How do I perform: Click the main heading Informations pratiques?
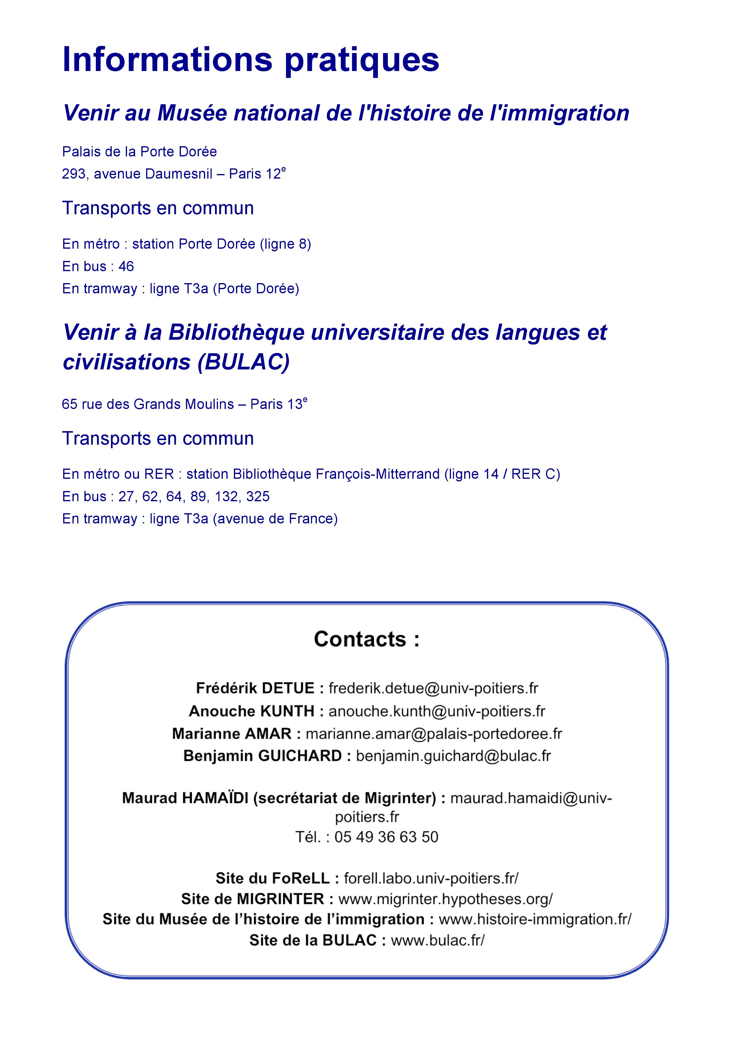[x=251, y=60]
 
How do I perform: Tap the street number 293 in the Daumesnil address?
[x=74, y=174]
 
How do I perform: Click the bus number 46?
[x=126, y=266]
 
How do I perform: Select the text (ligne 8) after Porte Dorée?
[x=285, y=244]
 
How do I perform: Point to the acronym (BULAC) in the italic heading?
[x=243, y=362]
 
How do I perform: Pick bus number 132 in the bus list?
[x=227, y=497]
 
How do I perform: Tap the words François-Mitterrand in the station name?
[x=377, y=474]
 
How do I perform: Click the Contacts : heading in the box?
[x=367, y=639]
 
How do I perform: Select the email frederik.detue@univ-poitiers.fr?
[x=433, y=688]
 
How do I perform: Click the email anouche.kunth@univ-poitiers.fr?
[x=437, y=711]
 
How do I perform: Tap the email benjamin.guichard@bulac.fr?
[x=453, y=756]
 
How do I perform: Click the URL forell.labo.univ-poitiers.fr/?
[x=431, y=878]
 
